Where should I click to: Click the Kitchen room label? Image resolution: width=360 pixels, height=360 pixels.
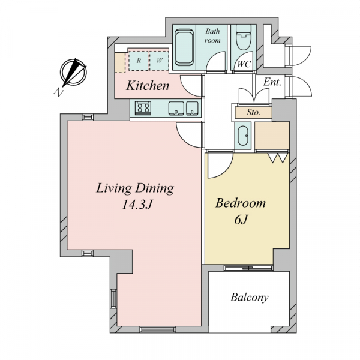148,86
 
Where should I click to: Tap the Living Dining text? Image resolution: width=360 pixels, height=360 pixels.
135,188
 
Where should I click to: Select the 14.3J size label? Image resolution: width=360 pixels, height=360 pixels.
137,204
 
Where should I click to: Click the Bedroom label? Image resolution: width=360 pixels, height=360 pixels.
241,203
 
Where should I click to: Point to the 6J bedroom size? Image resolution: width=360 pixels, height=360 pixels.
241,220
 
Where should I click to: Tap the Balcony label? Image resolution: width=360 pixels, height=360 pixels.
250,298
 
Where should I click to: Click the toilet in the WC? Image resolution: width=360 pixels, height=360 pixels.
244,37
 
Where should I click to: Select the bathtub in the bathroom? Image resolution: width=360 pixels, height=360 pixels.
184,47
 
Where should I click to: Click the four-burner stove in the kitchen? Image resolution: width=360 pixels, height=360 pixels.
143,107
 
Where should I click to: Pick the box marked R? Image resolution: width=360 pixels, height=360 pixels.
139,61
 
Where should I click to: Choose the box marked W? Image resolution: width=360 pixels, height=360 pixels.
159,61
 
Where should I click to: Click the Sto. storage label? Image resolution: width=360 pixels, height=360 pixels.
253,113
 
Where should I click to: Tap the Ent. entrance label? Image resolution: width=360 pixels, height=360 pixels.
272,82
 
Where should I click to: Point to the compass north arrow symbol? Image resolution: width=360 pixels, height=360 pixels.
73,73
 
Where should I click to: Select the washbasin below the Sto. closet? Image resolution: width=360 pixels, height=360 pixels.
243,136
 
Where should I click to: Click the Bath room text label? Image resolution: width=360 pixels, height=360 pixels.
212,35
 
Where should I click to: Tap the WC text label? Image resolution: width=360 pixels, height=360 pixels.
244,64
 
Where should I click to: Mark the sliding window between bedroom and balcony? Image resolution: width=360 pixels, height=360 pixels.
248,268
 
